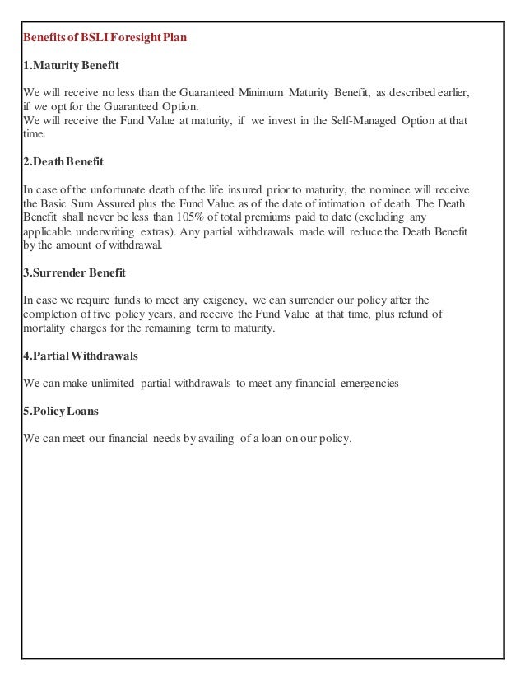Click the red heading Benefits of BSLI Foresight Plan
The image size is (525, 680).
105,38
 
